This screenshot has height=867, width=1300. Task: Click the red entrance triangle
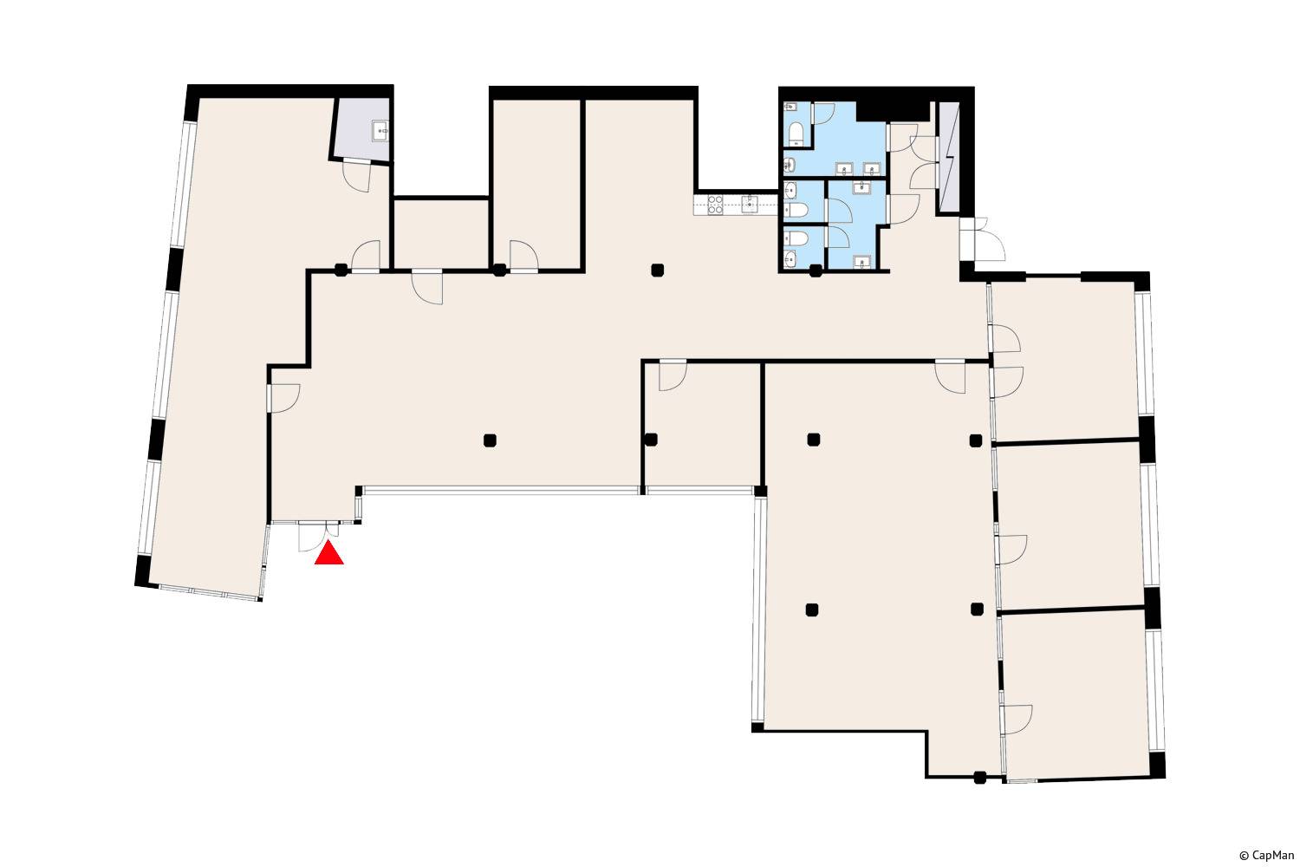[x=329, y=553]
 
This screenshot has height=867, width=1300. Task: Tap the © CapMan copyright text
[x=1266, y=856]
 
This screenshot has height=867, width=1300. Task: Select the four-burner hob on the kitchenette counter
[x=715, y=205]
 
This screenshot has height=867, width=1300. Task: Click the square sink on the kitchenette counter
[x=750, y=205]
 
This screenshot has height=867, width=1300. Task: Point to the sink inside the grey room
[x=380, y=132]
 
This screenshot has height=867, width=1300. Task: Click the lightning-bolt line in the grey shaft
[x=950, y=157]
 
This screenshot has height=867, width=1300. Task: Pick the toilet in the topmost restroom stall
[x=796, y=134]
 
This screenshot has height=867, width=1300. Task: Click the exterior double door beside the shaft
[x=982, y=238]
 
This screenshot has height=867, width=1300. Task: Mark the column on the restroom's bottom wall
[x=816, y=270]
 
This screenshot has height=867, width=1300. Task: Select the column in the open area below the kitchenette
[x=657, y=270]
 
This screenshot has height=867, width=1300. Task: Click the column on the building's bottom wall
[x=979, y=777]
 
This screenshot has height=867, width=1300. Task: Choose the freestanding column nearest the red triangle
[x=490, y=440]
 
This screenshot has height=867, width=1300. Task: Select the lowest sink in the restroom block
[x=861, y=262]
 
